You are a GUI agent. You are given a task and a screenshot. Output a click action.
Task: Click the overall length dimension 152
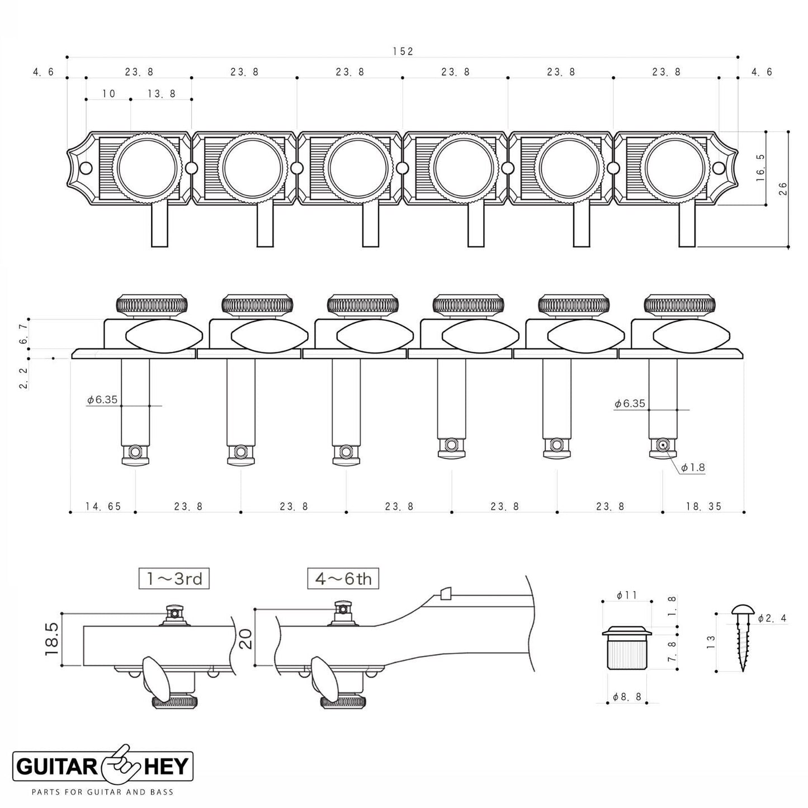(402, 51)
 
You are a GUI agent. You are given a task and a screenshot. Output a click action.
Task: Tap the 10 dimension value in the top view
(108, 94)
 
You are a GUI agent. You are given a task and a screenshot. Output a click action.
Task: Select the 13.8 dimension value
(162, 94)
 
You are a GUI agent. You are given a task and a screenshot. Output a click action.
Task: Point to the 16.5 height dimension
(760, 168)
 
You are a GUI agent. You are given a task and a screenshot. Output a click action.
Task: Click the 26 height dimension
(782, 188)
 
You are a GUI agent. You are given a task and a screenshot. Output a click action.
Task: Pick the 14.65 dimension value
(103, 507)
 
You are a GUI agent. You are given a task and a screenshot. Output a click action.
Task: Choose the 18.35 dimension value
(703, 507)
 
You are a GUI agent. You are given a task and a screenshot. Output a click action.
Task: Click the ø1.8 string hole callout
(693, 467)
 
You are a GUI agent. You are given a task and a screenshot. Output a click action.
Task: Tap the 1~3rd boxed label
(174, 579)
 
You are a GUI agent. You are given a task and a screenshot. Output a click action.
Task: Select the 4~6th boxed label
(343, 579)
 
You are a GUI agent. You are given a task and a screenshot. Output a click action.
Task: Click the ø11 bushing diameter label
(627, 596)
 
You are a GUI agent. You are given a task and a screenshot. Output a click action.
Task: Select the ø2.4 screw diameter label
(773, 618)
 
